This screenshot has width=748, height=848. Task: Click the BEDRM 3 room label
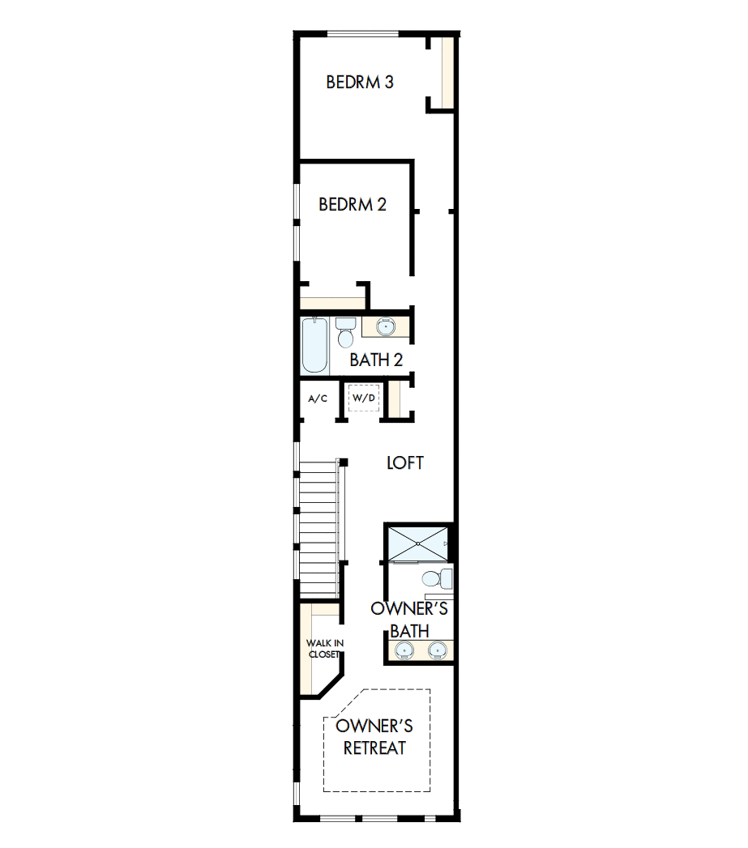360,82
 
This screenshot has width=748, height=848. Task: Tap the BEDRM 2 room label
352,204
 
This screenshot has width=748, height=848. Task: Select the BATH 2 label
376,360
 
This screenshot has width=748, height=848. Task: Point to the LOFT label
404,462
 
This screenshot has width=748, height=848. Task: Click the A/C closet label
318,398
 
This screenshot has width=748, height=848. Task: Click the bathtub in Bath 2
314,345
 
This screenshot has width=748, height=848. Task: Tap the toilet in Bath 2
346,332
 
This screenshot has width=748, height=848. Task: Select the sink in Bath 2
386,327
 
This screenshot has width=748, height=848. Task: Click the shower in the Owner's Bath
417,543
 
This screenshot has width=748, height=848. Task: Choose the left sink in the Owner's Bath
403,649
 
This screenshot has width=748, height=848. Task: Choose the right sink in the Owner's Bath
437,649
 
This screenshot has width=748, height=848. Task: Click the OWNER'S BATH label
409,619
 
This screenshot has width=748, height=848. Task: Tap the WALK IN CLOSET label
325,648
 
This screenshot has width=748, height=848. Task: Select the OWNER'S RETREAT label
374,735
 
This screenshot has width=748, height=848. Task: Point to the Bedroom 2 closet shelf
332,304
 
